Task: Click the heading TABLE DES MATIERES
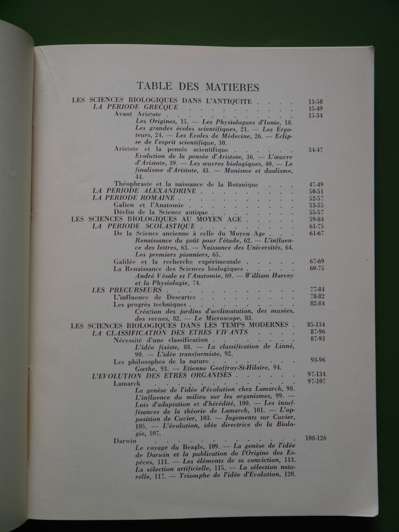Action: pos(197,86)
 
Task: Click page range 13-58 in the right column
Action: pos(313,101)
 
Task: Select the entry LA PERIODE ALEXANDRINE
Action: pos(145,190)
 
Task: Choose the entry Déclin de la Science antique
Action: pos(160,212)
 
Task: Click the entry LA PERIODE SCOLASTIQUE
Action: pos(144,227)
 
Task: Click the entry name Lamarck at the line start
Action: pos(127,383)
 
